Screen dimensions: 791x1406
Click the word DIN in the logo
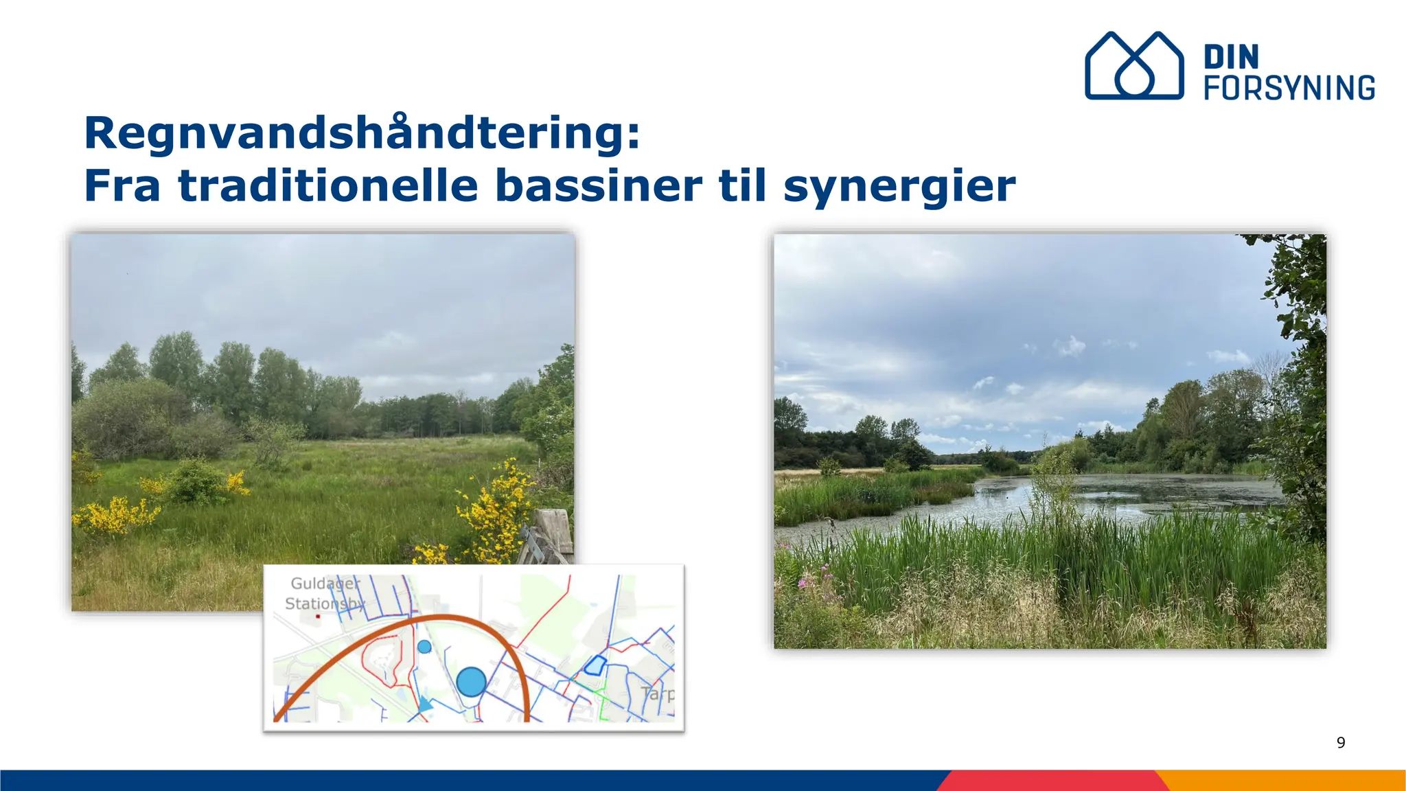point(1231,57)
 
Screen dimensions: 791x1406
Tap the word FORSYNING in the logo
point(1289,88)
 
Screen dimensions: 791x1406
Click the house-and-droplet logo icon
point(1133,66)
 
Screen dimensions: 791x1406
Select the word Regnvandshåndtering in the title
point(361,133)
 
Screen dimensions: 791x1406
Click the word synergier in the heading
point(899,187)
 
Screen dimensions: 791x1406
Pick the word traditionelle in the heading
point(328,185)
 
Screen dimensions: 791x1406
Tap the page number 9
point(1341,742)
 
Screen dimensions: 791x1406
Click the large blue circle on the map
point(472,682)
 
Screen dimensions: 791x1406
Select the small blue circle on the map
point(424,646)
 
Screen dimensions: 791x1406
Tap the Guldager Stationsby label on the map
point(325,593)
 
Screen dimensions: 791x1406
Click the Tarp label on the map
point(658,693)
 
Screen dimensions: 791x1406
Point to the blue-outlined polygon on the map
point(595,665)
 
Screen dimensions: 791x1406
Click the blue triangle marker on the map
point(426,704)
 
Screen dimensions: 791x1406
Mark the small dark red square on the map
point(318,617)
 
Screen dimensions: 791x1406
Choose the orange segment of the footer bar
point(1284,780)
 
